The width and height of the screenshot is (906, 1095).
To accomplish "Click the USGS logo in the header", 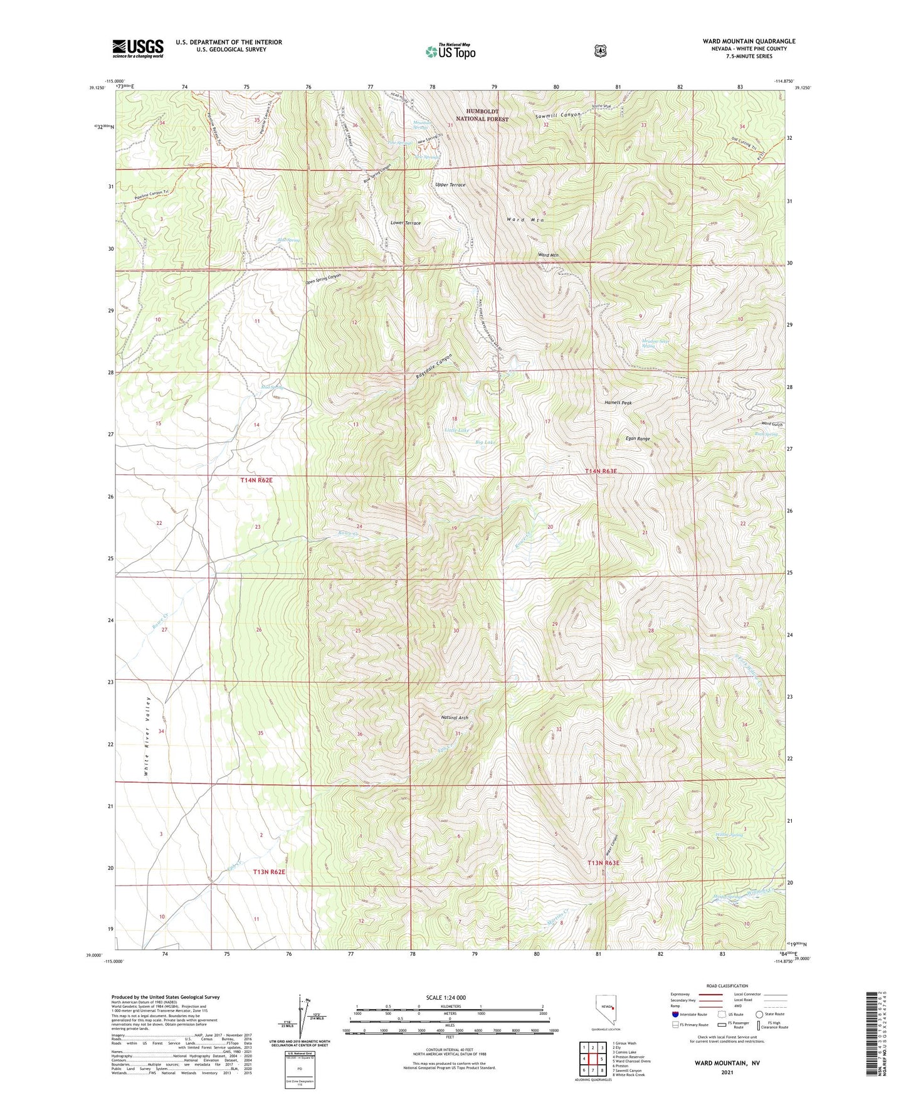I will coord(138,48).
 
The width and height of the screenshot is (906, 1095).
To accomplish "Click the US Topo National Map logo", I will coord(450,51).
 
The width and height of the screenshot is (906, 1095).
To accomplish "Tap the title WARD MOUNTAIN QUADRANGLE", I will coord(749,41).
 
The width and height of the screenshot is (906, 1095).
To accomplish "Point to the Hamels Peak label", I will coord(618,403).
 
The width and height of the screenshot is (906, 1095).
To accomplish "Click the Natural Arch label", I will coord(455,717).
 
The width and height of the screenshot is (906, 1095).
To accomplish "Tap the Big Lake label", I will coord(486,443).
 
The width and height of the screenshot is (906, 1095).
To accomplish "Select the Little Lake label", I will coord(456,430).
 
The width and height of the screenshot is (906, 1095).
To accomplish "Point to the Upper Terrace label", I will coord(450,185).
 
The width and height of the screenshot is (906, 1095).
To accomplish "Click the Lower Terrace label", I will coord(406,223).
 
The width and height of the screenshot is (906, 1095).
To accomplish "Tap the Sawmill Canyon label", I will coord(557,116).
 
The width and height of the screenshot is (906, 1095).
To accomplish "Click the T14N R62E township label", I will coord(257,480).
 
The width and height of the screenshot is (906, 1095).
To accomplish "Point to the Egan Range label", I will coord(638,439).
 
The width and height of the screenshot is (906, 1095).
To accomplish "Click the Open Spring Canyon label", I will coord(323,279).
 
